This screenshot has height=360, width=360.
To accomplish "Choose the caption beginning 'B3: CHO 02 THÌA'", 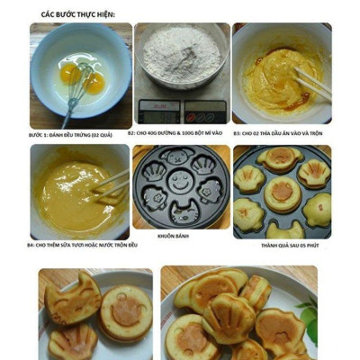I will tap(278, 133).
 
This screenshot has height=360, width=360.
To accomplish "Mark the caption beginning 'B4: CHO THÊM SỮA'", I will tap(82, 245).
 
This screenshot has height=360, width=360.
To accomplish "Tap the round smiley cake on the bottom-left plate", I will tap(125, 311).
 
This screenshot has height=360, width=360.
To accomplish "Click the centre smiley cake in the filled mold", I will tap(282, 192).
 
